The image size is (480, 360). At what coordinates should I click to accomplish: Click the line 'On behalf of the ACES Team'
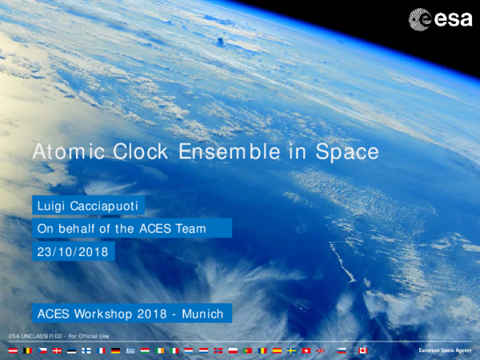(122, 229)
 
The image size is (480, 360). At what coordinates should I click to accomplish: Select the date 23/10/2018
(72, 251)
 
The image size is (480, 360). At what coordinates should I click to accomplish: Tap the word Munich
(201, 313)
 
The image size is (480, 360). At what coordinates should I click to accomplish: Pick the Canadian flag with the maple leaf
(362, 350)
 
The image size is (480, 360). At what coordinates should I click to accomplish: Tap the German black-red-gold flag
(115, 350)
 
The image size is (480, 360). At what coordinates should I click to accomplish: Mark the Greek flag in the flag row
(130, 350)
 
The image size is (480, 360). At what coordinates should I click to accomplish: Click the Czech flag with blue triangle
(42, 350)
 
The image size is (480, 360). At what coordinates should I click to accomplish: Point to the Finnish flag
(86, 350)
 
